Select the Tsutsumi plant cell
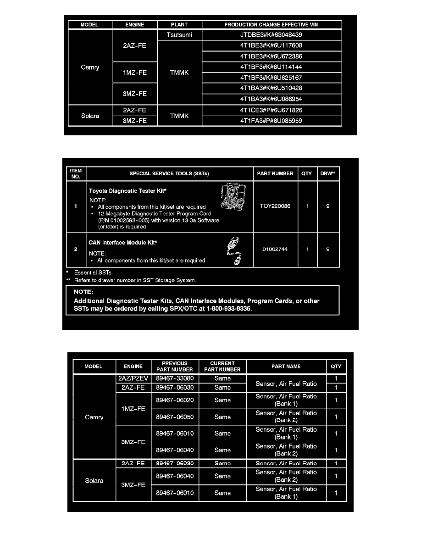(179, 34)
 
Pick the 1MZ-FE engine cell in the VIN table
(135, 72)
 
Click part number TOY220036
(275, 206)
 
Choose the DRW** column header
(327, 173)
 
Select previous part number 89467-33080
(174, 378)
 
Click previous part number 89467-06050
(174, 417)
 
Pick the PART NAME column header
(286, 367)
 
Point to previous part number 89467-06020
(174, 400)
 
